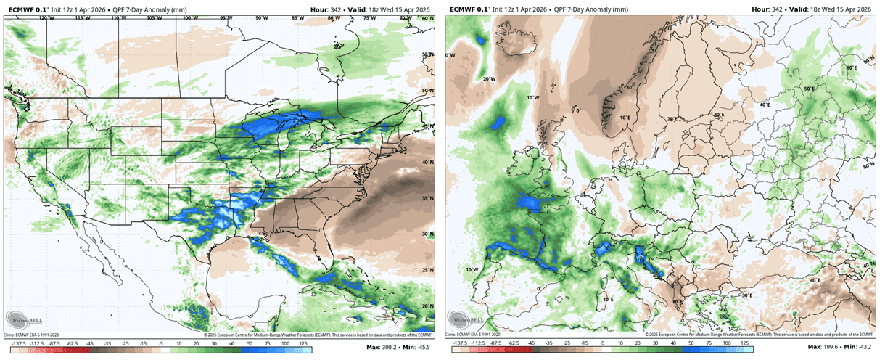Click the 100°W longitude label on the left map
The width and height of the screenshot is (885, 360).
click(x=189, y=17)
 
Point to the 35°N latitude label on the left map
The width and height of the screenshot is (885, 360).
click(x=427, y=198)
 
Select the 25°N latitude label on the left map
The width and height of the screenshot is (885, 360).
click(x=427, y=270)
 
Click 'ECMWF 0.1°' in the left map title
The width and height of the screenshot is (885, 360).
click(x=25, y=9)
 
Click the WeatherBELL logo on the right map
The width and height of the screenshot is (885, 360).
click(x=467, y=319)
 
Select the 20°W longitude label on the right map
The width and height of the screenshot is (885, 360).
click(x=489, y=78)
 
